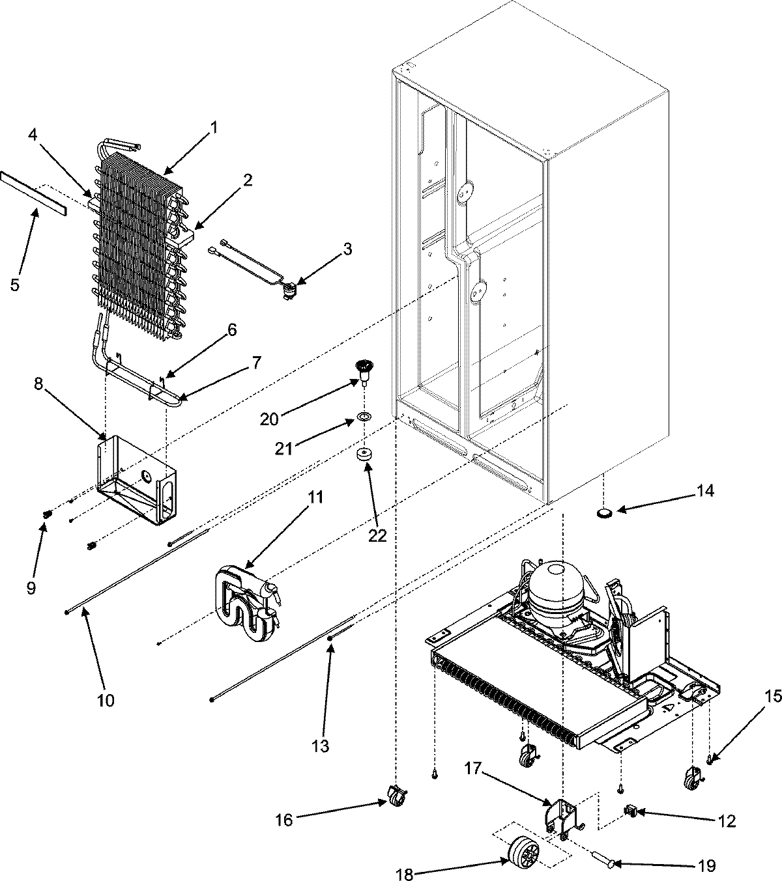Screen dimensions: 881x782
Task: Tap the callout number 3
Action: tap(347, 248)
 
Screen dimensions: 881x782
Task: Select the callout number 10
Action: tap(106, 700)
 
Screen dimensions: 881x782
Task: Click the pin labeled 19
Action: tap(601, 863)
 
